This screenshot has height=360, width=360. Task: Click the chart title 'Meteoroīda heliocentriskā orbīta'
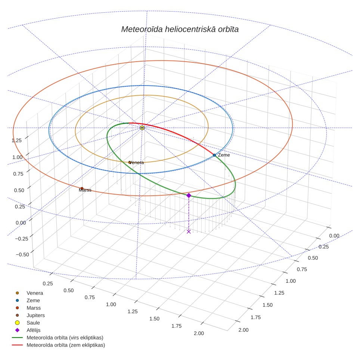pyautogui.click(x=180, y=29)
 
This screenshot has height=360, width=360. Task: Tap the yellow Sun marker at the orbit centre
pyautogui.click(x=142, y=128)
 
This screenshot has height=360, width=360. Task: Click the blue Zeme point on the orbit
pyautogui.click(x=214, y=155)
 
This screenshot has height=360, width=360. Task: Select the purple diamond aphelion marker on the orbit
pyautogui.click(x=189, y=195)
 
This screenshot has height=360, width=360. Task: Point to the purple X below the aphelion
pyautogui.click(x=189, y=232)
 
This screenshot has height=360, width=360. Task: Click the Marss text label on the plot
pyautogui.click(x=85, y=190)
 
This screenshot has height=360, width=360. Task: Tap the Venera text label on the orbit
pyautogui.click(x=136, y=162)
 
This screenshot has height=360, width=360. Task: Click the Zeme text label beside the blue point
pyautogui.click(x=224, y=155)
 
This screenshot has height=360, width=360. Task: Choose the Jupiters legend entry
pyautogui.click(x=35, y=315)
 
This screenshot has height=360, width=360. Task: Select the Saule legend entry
pyautogui.click(x=33, y=323)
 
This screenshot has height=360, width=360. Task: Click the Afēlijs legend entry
pyautogui.click(x=34, y=330)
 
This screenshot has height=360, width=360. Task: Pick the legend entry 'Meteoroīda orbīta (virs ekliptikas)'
pyautogui.click(x=65, y=338)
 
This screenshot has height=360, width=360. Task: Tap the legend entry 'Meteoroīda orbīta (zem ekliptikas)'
pyautogui.click(x=66, y=345)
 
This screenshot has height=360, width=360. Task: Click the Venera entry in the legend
pyautogui.click(x=35, y=293)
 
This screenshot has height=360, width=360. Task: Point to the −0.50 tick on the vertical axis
pyautogui.click(x=22, y=254)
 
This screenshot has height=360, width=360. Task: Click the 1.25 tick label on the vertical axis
pyautogui.click(x=16, y=140)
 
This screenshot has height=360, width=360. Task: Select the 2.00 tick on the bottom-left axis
pyautogui.click(x=199, y=333)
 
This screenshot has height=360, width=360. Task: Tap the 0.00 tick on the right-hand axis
pyautogui.click(x=334, y=236)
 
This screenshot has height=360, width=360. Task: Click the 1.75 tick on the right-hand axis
pyautogui.click(x=256, y=317)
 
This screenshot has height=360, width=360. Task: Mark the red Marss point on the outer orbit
pyautogui.click(x=82, y=189)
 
